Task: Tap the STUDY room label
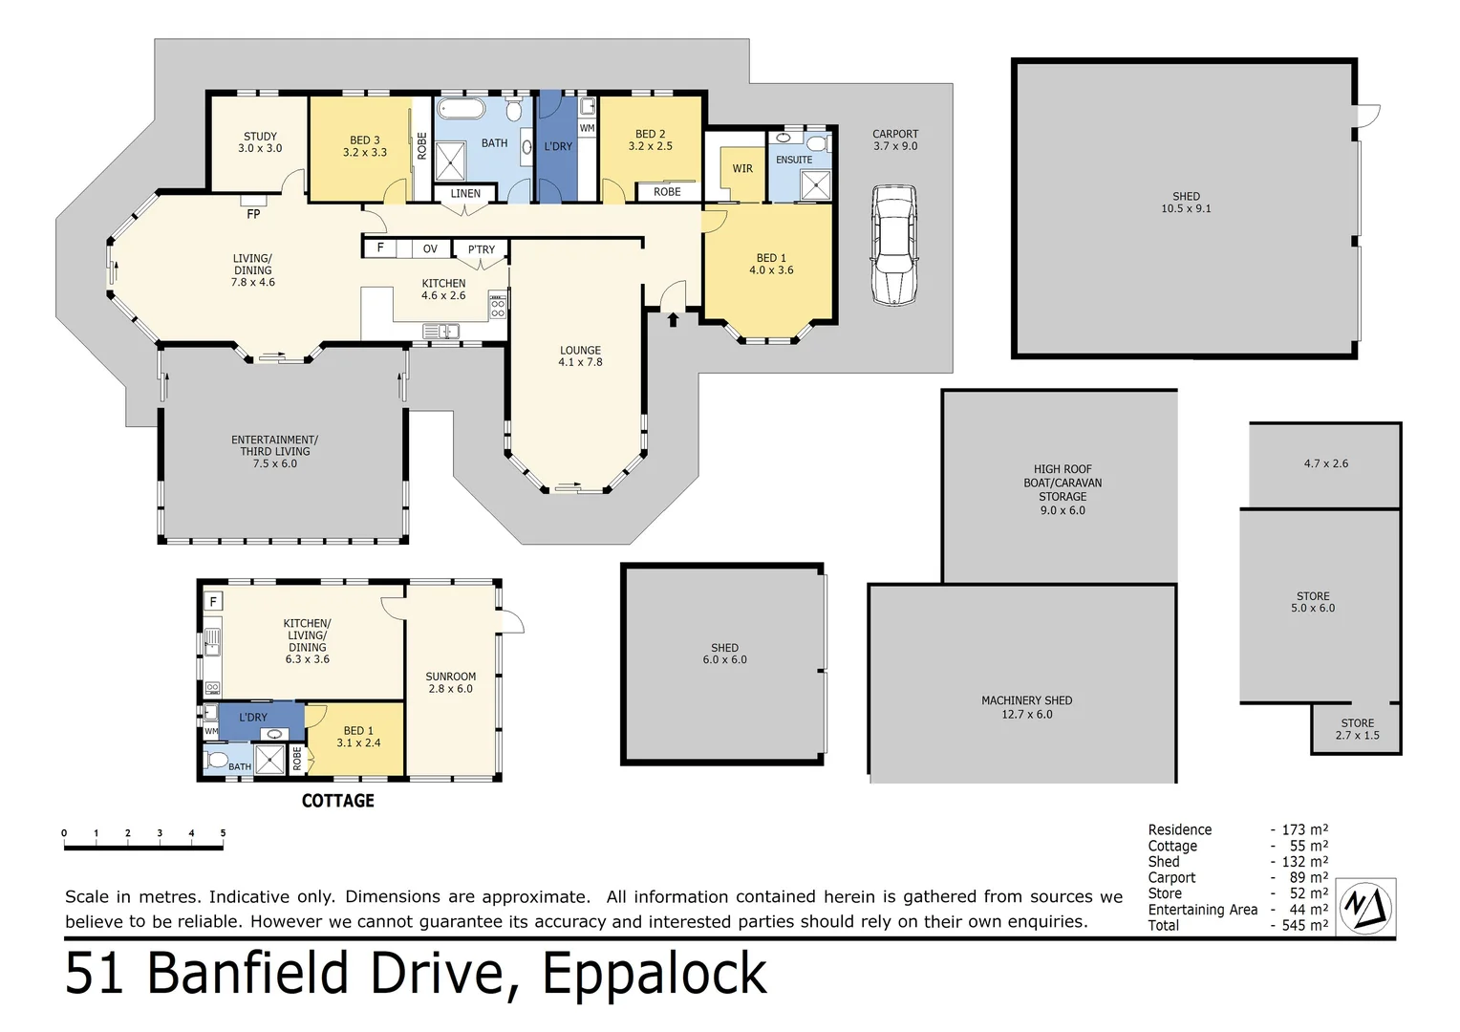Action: coord(260,137)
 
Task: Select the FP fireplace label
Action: coord(253,215)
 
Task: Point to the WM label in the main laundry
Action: coord(587,128)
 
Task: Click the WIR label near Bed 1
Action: coord(742,169)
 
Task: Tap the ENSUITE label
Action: coord(794,160)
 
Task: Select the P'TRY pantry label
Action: coord(481,249)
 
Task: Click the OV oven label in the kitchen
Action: coord(430,248)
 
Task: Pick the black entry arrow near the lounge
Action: coord(673,318)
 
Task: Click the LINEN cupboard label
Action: coord(465,193)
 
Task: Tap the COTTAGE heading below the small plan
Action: coord(337,801)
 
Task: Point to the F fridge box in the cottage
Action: coord(213,601)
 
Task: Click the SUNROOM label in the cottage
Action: coord(450,677)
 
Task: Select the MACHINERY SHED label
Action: coord(1026,700)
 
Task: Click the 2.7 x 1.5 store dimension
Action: coord(1357,736)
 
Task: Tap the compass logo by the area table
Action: coord(1365,905)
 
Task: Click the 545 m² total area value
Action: coord(1305,925)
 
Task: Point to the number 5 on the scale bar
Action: coord(223,833)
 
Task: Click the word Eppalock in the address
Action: coord(655,974)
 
